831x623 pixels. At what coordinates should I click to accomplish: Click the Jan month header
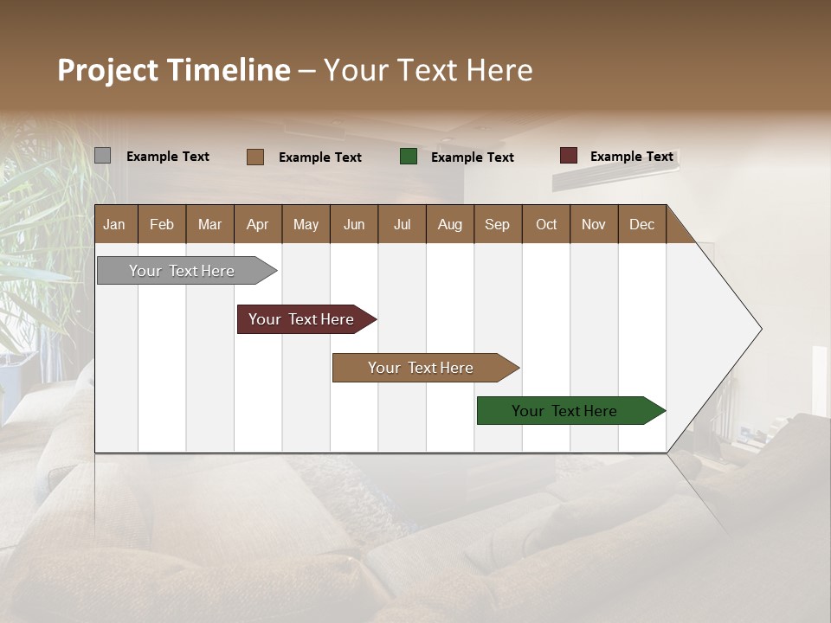point(115,224)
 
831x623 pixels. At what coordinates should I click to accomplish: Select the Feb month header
point(162,224)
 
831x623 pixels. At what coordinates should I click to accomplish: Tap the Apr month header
point(258,224)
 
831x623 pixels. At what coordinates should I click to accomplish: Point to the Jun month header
point(354,224)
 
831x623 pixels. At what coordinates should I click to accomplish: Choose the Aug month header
point(450,224)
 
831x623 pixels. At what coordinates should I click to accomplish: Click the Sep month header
point(498,224)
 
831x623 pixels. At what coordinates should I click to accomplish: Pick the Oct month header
point(546,224)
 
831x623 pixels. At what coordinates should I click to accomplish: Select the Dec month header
point(642,224)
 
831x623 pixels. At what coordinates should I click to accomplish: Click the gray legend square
point(102,156)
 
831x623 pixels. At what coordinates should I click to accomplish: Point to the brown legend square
point(255,157)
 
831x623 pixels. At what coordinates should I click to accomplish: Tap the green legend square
point(409,157)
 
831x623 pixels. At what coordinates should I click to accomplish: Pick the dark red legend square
point(568,156)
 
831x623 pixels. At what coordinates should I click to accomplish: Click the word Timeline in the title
point(228,70)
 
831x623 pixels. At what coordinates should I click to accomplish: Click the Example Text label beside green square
point(473,157)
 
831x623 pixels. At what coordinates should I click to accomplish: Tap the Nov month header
point(594,224)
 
